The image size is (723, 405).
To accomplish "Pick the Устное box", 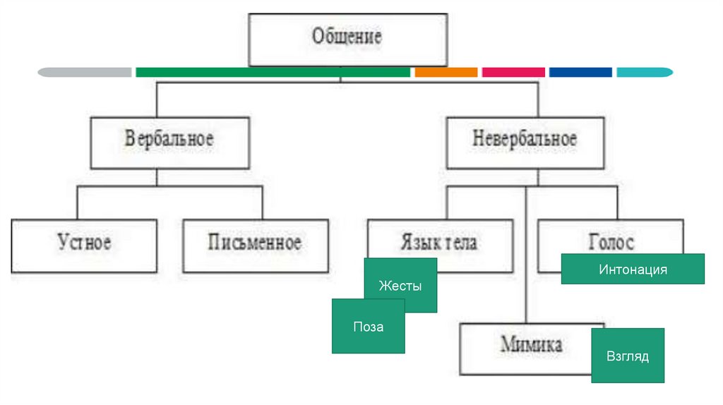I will pos(84,244).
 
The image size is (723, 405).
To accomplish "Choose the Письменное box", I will pos(255,244).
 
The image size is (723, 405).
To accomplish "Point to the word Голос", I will pos(611,243).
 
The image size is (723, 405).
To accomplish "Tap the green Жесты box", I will pos(400,286).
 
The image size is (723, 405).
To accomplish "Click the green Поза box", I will pos(369,327).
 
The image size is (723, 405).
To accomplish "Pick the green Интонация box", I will pos(633,269).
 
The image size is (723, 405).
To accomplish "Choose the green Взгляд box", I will pos(628,356).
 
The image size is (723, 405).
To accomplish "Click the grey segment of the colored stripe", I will pos(85,72).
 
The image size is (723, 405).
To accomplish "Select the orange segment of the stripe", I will pos(446,72).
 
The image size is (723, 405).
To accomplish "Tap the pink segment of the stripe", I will pos(513,72).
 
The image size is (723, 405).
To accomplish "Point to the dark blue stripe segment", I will pos(580,72).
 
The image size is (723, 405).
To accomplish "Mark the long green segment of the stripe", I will pos(273,72).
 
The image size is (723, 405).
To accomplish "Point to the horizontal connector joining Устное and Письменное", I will pos(169,187).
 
